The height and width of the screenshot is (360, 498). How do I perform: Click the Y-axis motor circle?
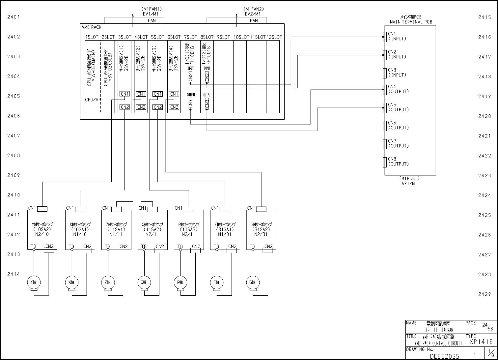coord(34,282)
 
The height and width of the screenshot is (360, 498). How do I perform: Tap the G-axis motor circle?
coord(253,282)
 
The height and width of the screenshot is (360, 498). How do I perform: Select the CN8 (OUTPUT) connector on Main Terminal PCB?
coord(385,162)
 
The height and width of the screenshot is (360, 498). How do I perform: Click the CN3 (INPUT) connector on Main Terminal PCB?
coord(385,73)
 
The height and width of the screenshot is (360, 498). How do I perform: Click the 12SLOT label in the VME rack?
coord(274,37)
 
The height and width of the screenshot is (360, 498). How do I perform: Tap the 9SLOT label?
coord(223,37)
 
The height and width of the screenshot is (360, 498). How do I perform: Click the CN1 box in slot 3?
coord(125,94)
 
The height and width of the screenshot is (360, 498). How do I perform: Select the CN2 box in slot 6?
coord(174,107)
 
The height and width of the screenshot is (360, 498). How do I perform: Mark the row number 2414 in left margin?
coord(14,274)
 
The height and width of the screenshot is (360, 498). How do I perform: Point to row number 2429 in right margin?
coord(484,294)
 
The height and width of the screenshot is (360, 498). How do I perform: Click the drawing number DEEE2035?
coord(444,356)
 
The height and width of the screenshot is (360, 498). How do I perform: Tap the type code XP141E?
coord(481,342)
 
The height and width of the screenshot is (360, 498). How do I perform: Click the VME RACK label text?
coord(92,27)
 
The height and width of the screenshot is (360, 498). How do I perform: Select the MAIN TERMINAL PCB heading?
coord(411,22)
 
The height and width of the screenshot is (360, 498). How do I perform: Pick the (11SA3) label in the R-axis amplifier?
coord(189,229)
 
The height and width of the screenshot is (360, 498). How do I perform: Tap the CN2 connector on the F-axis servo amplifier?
coord(232,251)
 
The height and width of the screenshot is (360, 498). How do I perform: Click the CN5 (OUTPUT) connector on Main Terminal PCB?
coord(385,107)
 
